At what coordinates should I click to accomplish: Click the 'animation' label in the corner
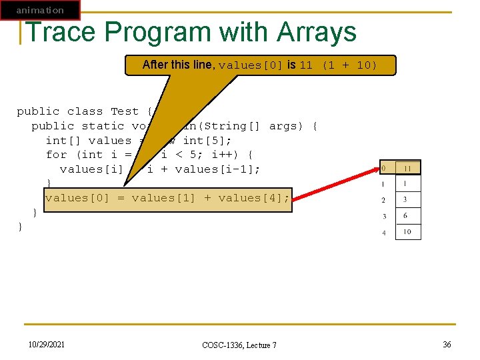[40, 10]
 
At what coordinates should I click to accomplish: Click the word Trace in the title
[60, 32]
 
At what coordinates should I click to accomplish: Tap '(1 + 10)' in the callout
[349, 65]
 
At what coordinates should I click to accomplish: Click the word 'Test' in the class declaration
[125, 111]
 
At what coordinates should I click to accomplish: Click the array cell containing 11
[408, 168]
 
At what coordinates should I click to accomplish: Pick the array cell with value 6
[408, 216]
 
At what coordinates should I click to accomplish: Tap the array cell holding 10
[408, 232]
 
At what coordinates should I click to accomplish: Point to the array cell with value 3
[408, 200]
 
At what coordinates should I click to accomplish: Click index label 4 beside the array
[384, 232]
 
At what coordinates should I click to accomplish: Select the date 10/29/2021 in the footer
[47, 343]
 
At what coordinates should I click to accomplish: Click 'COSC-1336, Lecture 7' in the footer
[239, 345]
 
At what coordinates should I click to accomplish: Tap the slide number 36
[447, 343]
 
